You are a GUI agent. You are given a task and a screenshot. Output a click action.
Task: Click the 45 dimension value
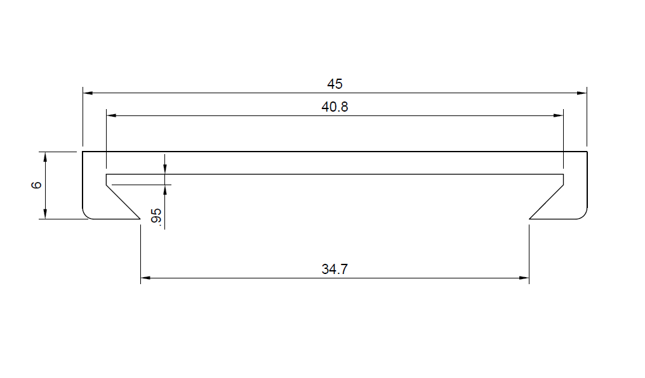335,84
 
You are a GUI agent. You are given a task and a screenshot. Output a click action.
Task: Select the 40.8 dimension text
335,107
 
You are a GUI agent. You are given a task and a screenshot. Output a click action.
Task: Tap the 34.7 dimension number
335,269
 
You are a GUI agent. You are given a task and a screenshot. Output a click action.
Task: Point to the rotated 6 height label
36,185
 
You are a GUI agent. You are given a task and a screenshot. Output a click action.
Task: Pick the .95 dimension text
156,216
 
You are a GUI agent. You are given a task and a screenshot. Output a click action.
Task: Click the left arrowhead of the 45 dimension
88,93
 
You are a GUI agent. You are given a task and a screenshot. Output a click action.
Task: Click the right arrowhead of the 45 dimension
582,93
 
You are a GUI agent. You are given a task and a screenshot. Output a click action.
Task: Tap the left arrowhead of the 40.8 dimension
112,116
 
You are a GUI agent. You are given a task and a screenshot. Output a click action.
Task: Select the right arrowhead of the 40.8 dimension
558,116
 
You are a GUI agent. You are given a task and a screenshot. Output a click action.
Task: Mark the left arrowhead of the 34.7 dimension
145,278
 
